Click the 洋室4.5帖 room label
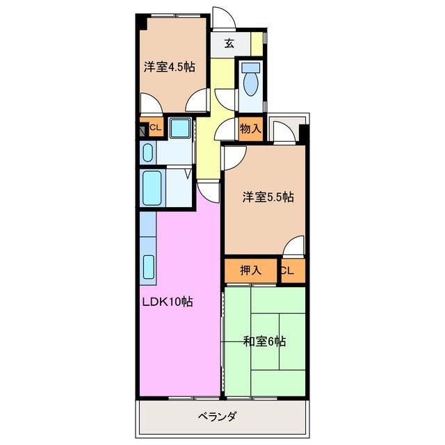[169, 67]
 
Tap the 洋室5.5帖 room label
[268, 197]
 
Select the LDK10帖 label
[168, 302]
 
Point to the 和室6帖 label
[265, 341]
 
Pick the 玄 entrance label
[229, 43]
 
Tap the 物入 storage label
[250, 128]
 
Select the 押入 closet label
[250, 270]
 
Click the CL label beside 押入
[287, 271]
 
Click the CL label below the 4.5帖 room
[155, 128]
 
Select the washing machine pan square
[180, 128]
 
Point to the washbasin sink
[148, 152]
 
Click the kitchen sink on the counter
[149, 268]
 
